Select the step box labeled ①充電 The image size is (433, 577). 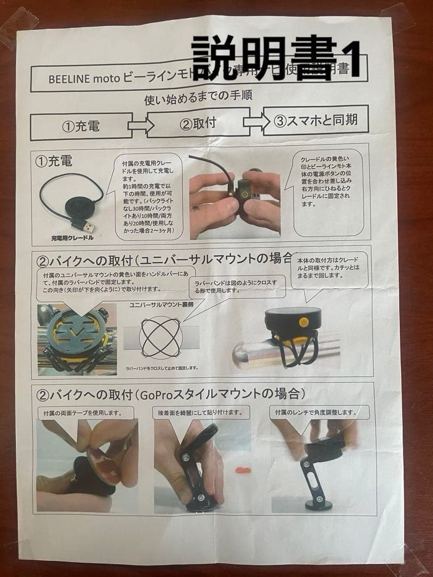coord(81,127)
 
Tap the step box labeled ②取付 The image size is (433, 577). coord(198,123)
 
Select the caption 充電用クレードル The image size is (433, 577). coord(72,236)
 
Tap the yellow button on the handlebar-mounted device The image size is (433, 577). coord(303,322)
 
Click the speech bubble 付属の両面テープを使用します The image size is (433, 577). coord(81,412)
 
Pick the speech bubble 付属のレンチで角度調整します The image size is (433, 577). coord(315,412)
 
